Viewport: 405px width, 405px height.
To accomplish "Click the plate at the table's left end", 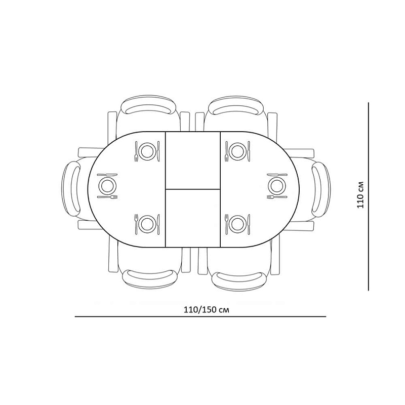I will [107, 186].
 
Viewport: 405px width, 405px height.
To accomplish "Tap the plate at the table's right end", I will [277, 186].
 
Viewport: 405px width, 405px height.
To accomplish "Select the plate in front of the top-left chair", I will [147, 151].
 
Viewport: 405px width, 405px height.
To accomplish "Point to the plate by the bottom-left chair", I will [147, 223].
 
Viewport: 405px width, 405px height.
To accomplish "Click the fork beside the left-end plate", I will [107, 196].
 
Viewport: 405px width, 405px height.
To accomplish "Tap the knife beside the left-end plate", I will [107, 175].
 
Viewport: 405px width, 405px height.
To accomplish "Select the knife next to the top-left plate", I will [158, 151].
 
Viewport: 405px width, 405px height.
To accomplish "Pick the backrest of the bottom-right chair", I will [238, 279].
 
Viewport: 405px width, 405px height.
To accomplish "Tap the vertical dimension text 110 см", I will [360, 195].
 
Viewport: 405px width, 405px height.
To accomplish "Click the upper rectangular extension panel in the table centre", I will [193, 160].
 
